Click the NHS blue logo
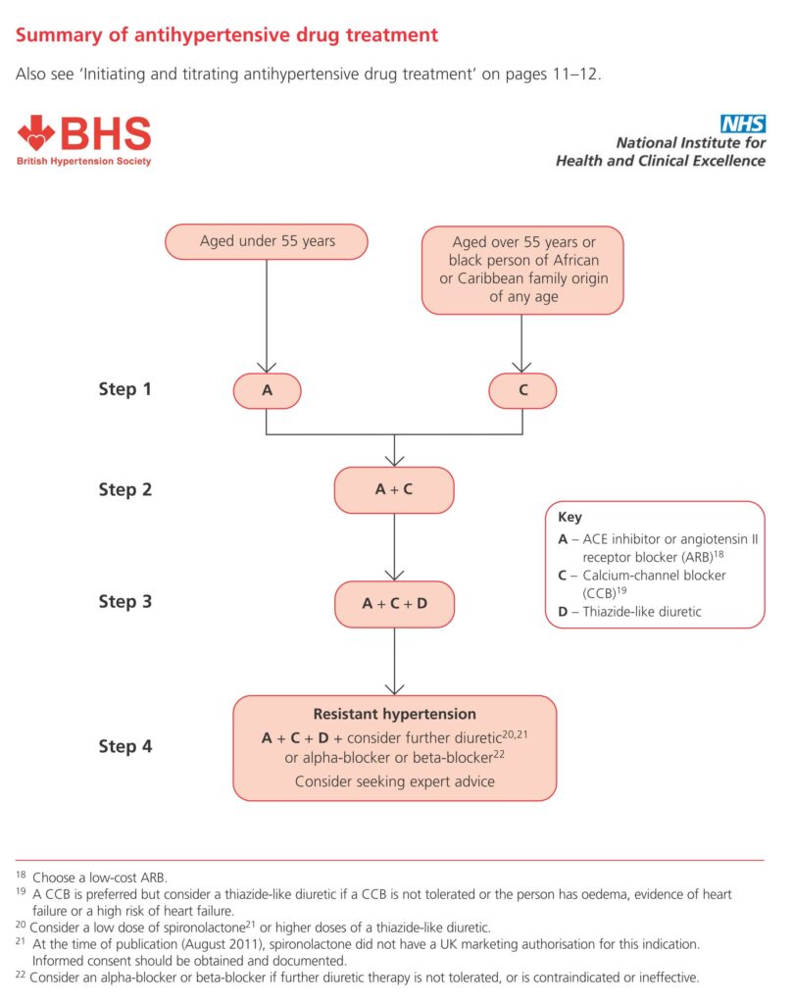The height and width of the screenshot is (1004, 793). tap(742, 123)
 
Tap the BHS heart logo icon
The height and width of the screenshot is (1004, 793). tap(37, 132)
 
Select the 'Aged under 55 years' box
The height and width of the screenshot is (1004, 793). tap(267, 241)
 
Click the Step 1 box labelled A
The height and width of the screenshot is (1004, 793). tap(267, 390)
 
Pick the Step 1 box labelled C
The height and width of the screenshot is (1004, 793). tap(522, 390)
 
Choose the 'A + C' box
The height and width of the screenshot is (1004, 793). tap(394, 490)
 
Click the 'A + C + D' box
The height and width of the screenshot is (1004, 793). tap(394, 604)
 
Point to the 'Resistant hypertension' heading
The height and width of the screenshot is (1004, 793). tap(394, 714)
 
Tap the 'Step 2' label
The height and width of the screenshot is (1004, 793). tap(124, 490)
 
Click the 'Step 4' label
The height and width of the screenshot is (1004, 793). tap(124, 746)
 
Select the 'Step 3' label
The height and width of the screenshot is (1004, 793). tap(124, 602)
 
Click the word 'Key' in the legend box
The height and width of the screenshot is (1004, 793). tap(570, 518)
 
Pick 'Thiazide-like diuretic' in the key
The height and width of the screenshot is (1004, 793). tap(642, 612)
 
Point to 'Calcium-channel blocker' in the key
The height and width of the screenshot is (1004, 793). tap(654, 575)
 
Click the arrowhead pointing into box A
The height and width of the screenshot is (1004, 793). tap(267, 368)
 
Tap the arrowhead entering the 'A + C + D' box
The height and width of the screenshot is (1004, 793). tap(394, 575)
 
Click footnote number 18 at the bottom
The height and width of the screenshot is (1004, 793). tap(22, 875)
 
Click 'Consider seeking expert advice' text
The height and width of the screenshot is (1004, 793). tap(394, 781)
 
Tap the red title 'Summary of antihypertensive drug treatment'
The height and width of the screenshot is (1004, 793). tap(226, 34)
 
